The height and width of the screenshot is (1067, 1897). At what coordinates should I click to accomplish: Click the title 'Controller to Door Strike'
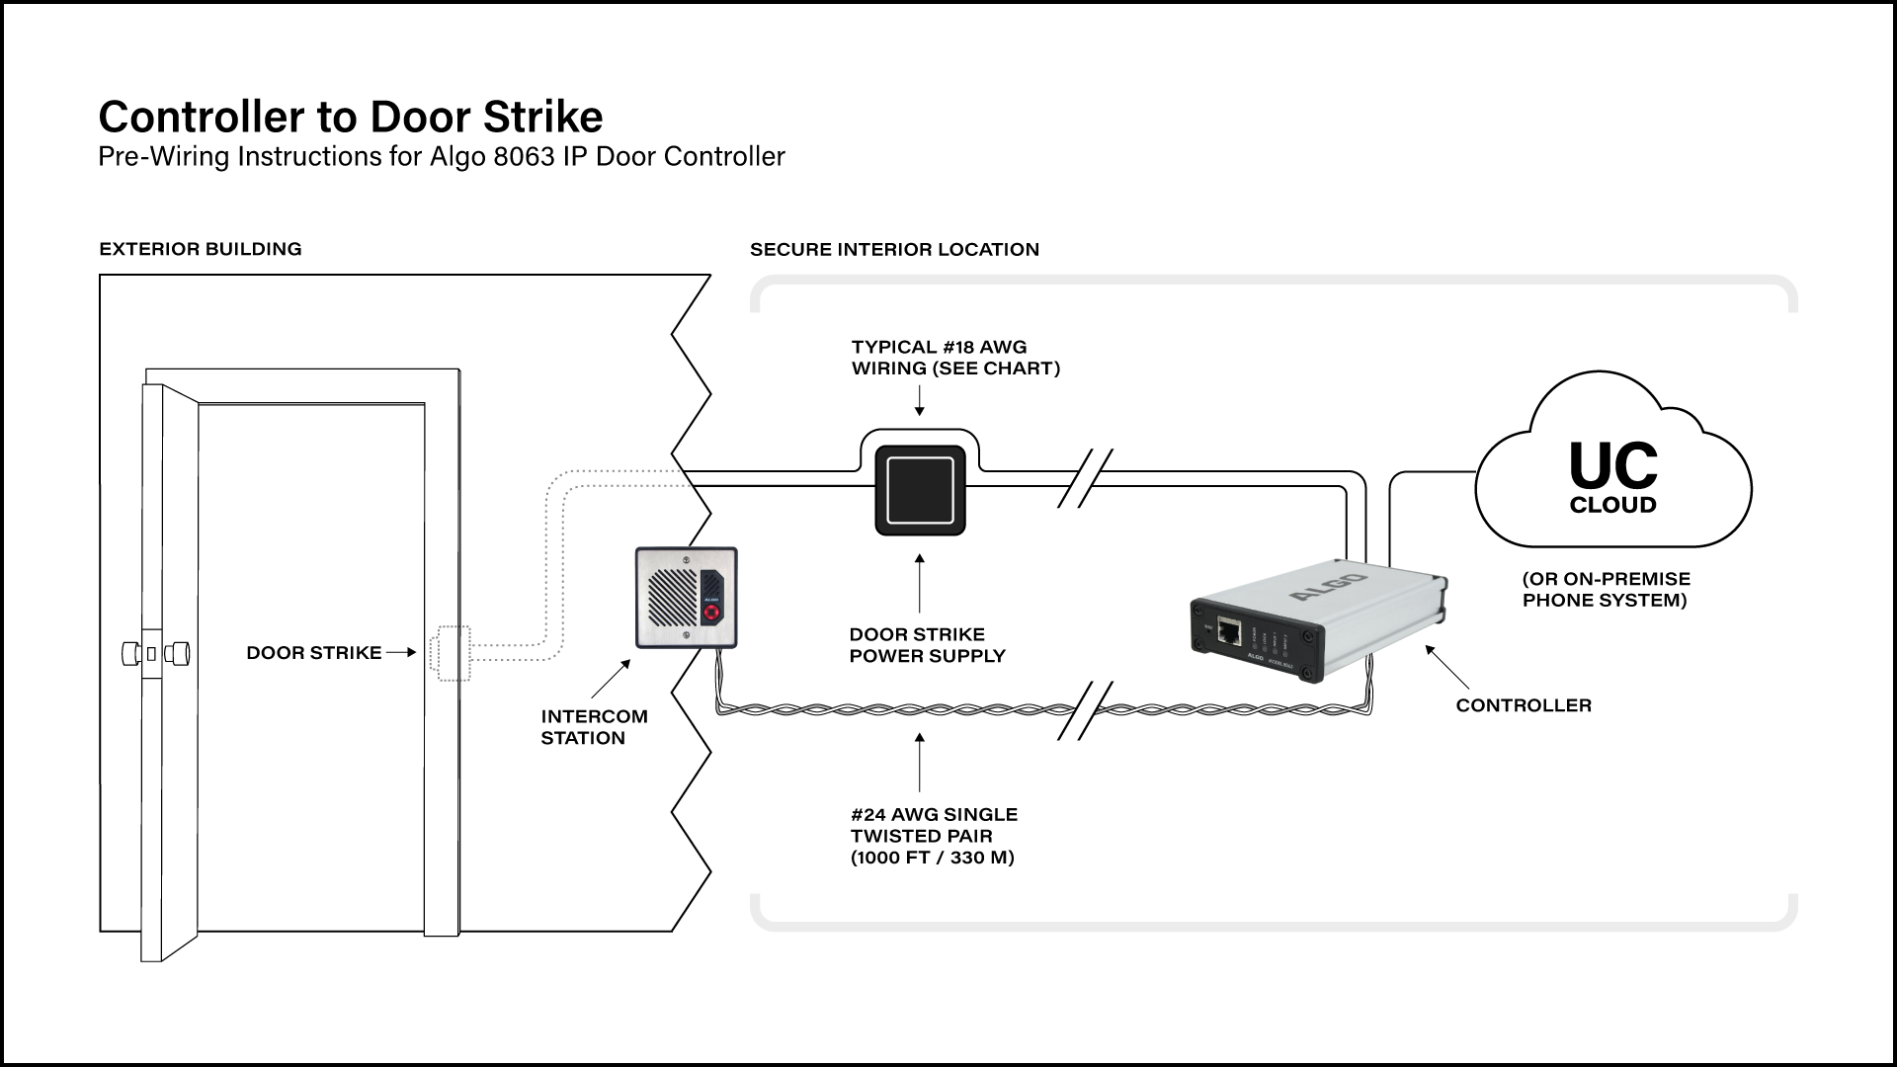350,117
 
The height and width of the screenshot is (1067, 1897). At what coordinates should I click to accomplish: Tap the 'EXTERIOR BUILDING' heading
201,249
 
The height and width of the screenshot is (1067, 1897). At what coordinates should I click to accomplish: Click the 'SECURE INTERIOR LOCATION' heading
894,250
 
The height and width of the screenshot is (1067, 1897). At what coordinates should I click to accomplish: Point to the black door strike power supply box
920,491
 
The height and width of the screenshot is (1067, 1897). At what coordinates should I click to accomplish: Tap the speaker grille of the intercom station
671,598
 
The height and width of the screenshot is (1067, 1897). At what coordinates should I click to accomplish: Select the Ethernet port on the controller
1230,630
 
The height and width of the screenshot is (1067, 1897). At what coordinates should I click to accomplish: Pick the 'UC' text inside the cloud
1613,467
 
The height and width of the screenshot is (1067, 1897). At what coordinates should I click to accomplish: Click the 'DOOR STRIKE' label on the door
313,653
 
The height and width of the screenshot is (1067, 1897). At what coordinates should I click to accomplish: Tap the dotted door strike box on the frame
450,653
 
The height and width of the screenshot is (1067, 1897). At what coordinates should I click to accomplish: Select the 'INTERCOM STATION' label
593,727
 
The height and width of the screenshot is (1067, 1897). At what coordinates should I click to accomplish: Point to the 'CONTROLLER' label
1524,705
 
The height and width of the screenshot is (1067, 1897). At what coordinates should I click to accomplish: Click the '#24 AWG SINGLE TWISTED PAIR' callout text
934,836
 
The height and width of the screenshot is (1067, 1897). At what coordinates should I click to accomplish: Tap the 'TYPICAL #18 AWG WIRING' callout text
954,358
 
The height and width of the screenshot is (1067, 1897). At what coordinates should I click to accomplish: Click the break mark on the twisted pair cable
1085,709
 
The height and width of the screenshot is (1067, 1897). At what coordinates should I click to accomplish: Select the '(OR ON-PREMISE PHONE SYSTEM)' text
1606,590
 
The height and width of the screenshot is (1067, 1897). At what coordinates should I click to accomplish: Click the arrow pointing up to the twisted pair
920,761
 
